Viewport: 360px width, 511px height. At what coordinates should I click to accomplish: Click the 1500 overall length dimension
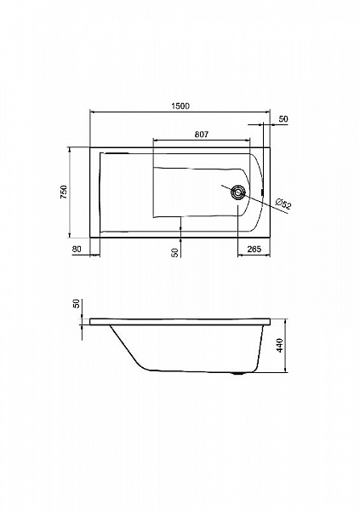[x=180, y=106]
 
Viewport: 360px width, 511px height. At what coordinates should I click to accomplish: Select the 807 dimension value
[x=202, y=135]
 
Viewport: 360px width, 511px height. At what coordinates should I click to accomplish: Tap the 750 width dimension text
[x=64, y=192]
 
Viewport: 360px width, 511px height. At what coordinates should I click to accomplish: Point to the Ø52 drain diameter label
[x=283, y=204]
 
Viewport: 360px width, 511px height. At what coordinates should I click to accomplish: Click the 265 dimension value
[x=254, y=250]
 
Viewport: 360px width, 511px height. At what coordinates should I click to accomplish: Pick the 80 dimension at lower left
[x=77, y=250]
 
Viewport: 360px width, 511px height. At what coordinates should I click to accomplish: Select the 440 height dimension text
[x=280, y=346]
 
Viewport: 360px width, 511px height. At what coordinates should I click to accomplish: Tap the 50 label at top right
[x=283, y=119]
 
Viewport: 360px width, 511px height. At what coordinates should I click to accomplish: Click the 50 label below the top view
[x=175, y=253]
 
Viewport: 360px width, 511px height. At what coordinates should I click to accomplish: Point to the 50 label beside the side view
[x=77, y=304]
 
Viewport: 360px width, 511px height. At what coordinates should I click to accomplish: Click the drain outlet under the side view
[x=239, y=374]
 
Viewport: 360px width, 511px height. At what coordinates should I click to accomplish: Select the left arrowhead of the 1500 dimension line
[x=92, y=112]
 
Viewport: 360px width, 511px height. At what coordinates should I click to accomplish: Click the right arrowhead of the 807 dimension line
[x=248, y=141]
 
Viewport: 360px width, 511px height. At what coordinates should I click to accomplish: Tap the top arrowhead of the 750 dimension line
[x=70, y=150]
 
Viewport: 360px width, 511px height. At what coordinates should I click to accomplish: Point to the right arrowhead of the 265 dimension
[x=267, y=255]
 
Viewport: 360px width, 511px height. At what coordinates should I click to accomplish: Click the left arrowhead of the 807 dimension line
[x=156, y=141]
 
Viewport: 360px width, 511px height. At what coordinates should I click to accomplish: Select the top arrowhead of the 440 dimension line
[x=285, y=322]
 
